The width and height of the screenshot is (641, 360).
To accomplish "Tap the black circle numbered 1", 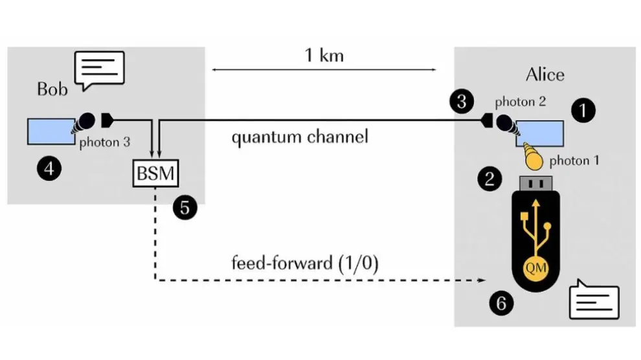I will [x=584, y=111].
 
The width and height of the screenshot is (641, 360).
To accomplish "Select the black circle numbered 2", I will [x=489, y=178].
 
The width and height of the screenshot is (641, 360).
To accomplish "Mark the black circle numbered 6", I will [x=504, y=302].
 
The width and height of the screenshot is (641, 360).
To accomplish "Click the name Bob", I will [x=52, y=89].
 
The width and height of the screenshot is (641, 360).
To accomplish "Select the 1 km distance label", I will [x=324, y=55].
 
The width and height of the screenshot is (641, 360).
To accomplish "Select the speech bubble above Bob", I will [x=99, y=69].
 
